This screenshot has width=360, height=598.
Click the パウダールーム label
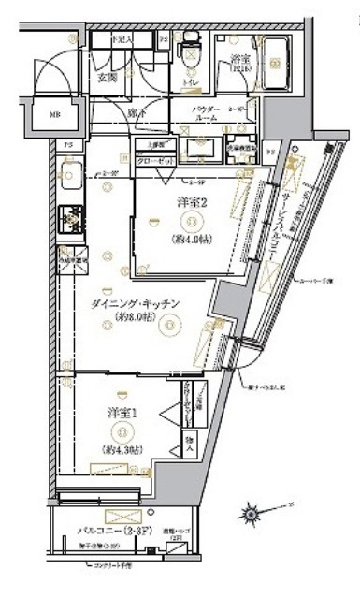point(207,113)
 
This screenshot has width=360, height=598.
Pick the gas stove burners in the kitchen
point(70,217)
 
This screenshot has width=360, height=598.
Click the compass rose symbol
point(252,512)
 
